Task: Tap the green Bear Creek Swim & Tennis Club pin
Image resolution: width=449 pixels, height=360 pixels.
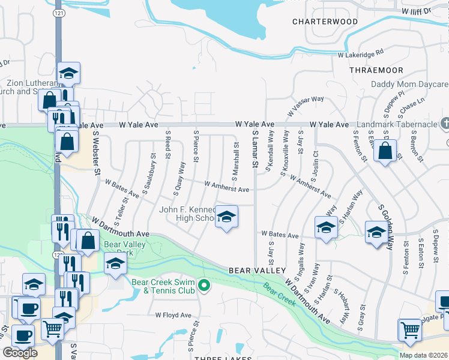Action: pyautogui.click(x=204, y=285)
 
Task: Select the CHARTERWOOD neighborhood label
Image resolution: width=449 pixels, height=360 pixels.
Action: pyautogui.click(x=325, y=22)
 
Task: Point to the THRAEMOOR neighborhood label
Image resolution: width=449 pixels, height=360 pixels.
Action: pyautogui.click(x=376, y=70)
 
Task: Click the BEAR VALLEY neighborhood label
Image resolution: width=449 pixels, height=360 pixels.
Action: pyautogui.click(x=257, y=271)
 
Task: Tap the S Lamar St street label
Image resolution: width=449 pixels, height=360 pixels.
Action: pyautogui.click(x=255, y=151)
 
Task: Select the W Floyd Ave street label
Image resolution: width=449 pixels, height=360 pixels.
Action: pyautogui.click(x=173, y=315)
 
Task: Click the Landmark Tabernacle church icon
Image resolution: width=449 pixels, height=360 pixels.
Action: pyautogui.click(x=444, y=124)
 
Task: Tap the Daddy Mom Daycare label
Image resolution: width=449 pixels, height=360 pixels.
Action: pyautogui.click(x=410, y=85)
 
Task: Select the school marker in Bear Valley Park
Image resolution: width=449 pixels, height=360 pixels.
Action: pyautogui.click(x=114, y=263)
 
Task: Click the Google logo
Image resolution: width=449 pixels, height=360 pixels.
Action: pyautogui.click(x=20, y=353)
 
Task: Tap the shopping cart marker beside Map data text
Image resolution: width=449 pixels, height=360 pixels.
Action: pyautogui.click(x=409, y=329)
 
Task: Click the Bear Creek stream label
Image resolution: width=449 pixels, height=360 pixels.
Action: pyautogui.click(x=280, y=292)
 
